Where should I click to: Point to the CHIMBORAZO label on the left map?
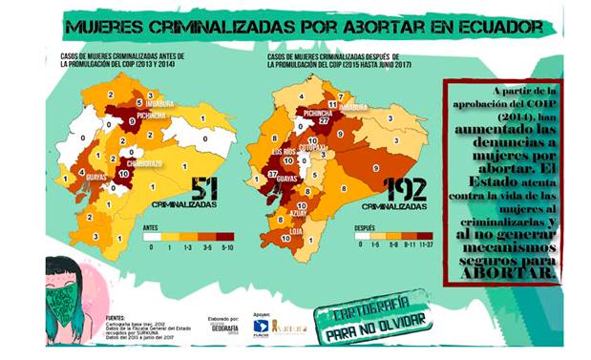(140, 162)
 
